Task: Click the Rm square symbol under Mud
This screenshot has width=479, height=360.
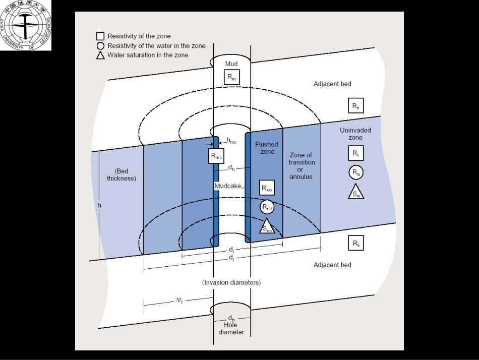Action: (x=231, y=78)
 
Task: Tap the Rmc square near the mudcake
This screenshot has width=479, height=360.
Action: (x=216, y=156)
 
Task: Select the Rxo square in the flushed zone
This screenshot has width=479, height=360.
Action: (x=267, y=188)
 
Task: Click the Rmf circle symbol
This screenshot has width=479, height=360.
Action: (x=267, y=207)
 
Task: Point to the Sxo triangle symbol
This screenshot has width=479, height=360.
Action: (x=267, y=227)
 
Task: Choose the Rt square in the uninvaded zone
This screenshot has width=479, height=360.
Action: (x=355, y=153)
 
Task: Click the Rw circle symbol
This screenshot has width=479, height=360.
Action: (x=355, y=172)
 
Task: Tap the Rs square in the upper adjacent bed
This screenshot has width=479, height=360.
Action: (x=355, y=105)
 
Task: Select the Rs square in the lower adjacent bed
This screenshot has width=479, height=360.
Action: (x=355, y=243)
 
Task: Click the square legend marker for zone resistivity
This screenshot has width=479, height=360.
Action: (x=100, y=36)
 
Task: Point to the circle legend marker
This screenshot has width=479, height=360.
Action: (x=100, y=46)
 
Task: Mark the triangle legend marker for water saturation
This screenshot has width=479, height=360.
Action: (x=100, y=55)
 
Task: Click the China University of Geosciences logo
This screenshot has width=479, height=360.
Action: (x=25, y=25)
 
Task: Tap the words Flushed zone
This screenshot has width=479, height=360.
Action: (x=266, y=148)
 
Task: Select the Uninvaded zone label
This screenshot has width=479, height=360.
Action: (x=355, y=134)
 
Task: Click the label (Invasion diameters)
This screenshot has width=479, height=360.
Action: (x=231, y=282)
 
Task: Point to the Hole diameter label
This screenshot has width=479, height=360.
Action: (x=231, y=329)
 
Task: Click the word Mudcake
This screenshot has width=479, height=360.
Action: (x=228, y=186)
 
